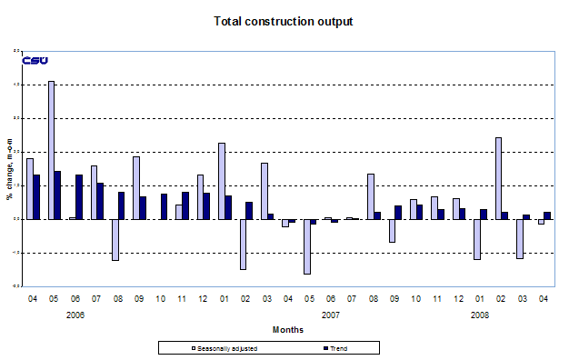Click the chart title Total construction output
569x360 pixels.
click(x=282, y=20)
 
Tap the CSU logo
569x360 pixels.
click(x=35, y=61)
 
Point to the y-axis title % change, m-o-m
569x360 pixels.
click(x=9, y=168)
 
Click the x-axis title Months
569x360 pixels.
click(x=286, y=328)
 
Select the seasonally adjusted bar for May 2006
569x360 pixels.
click(x=52, y=150)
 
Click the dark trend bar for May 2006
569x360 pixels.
click(x=58, y=195)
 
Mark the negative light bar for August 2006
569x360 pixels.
click(x=115, y=239)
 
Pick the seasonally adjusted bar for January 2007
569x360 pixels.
click(x=222, y=181)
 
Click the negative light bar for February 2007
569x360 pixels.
click(x=243, y=244)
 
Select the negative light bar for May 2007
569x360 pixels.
click(x=307, y=246)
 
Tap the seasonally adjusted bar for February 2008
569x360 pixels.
click(x=499, y=178)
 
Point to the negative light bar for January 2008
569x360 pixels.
click(x=477, y=239)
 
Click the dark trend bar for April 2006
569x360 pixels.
click(x=36, y=196)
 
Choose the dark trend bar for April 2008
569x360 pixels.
click(x=548, y=215)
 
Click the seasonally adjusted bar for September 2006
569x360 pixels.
click(x=136, y=187)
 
